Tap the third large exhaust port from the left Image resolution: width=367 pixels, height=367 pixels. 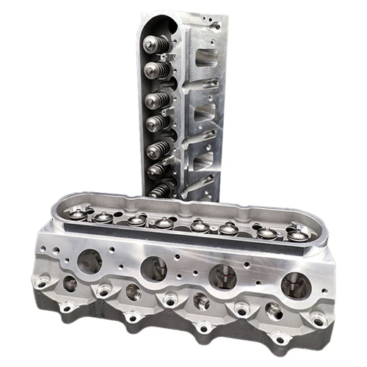[222, 277]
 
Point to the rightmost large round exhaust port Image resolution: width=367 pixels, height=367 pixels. [296, 284]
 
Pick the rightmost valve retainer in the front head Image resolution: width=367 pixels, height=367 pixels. [297, 234]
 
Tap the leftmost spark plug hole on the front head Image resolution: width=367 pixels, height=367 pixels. [70, 284]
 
